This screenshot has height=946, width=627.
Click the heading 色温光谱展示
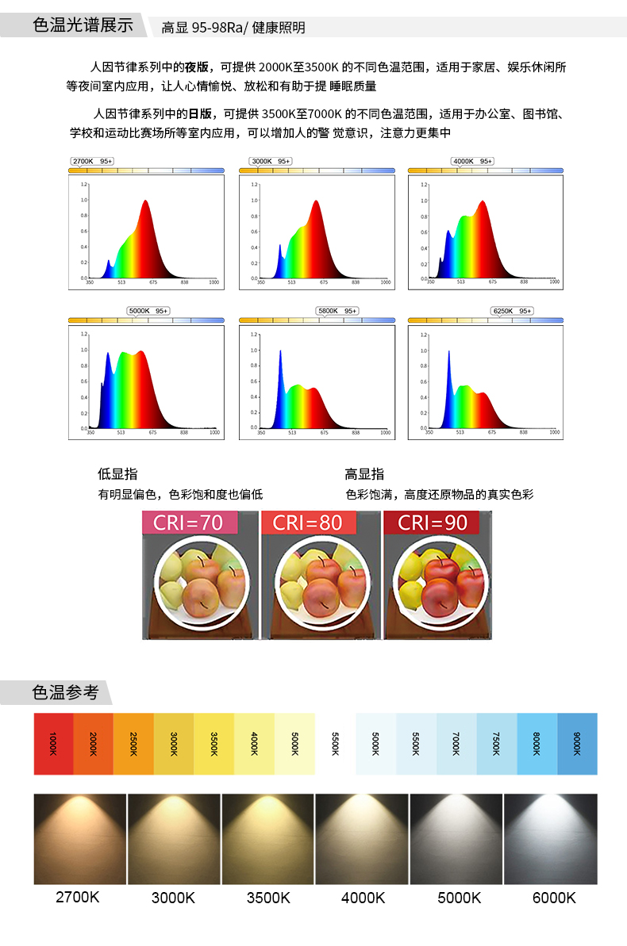tap(83, 25)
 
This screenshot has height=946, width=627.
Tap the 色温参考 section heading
tap(65, 692)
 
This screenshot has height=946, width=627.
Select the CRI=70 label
tap(190, 523)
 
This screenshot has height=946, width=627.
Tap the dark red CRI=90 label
tap(433, 523)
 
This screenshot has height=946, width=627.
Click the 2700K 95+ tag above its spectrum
tap(92, 161)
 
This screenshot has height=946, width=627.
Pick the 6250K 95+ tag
tap(512, 311)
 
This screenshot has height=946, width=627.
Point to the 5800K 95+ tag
tap(337, 311)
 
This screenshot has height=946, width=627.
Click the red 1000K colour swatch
tap(53, 744)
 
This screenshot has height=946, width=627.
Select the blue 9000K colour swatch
tap(577, 744)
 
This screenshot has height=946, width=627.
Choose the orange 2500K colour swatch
tap(134, 744)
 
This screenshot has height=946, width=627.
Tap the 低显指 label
tap(117, 474)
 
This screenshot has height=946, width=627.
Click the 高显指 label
tap(364, 474)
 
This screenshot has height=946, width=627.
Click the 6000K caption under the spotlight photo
tap(554, 898)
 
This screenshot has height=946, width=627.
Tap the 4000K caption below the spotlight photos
tap(363, 898)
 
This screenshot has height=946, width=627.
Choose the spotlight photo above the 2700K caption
tap(80, 839)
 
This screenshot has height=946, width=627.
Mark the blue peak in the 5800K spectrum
tap(280, 352)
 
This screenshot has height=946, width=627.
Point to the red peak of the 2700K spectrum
tap(146, 202)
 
